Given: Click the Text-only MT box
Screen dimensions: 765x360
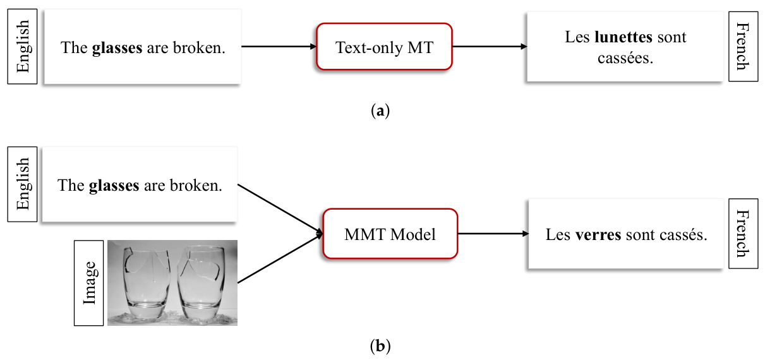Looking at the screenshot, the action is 384,47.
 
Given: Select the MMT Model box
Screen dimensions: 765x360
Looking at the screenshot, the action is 390,234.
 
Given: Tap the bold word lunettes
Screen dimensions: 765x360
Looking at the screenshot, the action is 623,37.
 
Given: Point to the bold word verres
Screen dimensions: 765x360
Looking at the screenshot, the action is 598,235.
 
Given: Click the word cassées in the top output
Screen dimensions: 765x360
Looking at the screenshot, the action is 625,57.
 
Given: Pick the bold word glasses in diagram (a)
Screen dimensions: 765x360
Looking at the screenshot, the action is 117,48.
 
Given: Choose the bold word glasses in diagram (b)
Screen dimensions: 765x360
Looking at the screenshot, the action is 114,186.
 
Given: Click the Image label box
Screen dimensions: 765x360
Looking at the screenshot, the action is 89,283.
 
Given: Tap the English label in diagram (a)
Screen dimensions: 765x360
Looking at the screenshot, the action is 23,47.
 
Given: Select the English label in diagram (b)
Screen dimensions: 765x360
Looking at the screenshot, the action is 23,184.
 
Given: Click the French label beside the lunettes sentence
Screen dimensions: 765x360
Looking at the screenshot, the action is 743,47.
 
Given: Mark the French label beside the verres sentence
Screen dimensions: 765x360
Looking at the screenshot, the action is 743,234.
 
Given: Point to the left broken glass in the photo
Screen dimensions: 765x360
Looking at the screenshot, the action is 146,283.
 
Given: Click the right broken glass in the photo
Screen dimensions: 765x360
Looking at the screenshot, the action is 201,283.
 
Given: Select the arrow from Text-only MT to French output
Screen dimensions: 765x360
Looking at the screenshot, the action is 490,47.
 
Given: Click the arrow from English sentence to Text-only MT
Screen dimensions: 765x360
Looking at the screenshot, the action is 279,47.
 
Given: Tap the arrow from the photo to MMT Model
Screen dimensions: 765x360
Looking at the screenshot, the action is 280,258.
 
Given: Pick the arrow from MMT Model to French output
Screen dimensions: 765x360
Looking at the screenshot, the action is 493,234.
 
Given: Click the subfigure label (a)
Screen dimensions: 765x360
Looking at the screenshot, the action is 380,111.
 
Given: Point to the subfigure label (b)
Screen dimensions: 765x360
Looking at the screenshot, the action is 380,346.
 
